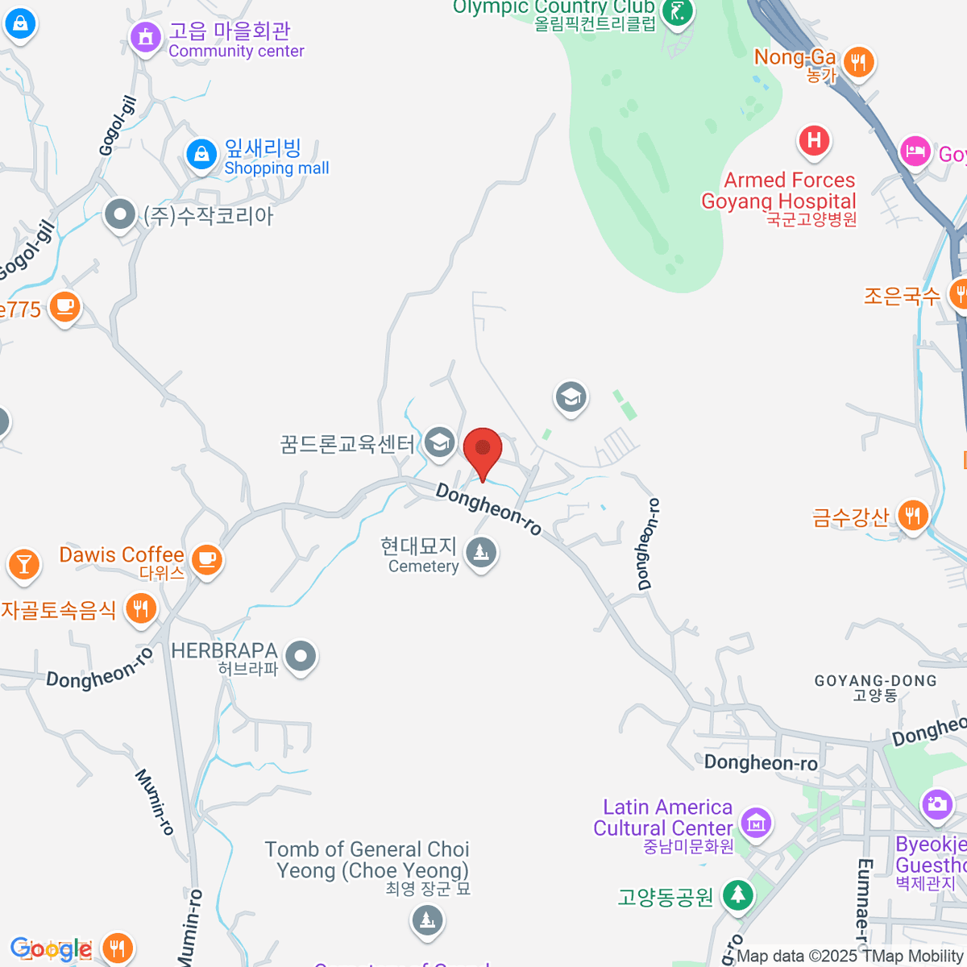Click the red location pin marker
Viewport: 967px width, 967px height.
click(483, 450)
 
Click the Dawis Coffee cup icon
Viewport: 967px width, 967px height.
click(207, 558)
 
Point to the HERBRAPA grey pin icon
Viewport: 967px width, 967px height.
click(301, 656)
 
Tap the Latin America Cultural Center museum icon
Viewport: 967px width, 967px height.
click(756, 823)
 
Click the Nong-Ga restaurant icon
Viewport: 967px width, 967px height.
click(858, 61)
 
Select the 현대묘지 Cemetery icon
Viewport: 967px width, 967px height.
click(481, 553)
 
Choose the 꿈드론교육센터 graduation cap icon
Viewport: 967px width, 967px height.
click(439, 442)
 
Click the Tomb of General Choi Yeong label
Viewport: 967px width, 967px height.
click(367, 861)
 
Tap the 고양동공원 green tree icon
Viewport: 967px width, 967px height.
click(737, 894)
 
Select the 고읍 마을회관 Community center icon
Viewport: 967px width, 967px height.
click(146, 36)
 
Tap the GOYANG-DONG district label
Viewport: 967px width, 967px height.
click(876, 687)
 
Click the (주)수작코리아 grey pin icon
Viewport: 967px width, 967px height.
click(120, 214)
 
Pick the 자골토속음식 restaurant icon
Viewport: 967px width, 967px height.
click(141, 608)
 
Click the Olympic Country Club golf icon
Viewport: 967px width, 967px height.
click(677, 12)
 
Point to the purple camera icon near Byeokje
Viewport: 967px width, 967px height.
click(936, 803)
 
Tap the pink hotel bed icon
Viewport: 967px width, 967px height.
click(915, 150)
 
